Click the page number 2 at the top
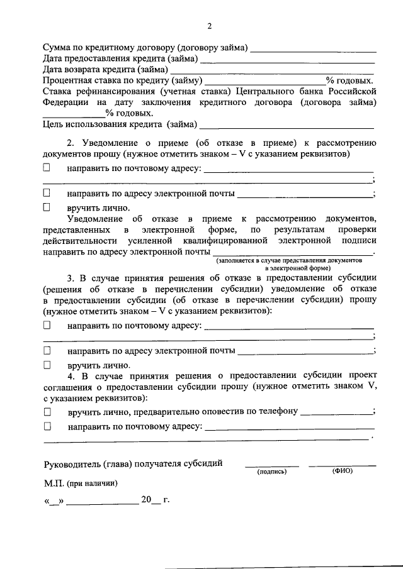(x=210, y=26)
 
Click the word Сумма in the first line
(x=57, y=48)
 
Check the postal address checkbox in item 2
(x=47, y=168)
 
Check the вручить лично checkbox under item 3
(x=47, y=364)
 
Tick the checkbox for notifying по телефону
(x=47, y=412)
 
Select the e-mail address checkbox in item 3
(x=47, y=350)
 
